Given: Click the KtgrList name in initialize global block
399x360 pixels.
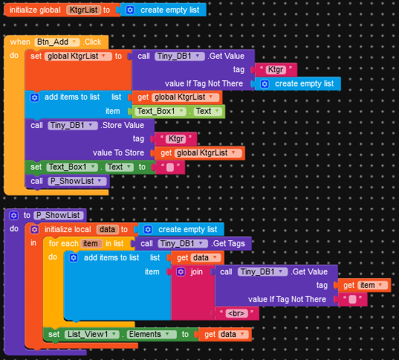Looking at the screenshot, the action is click(x=83, y=10).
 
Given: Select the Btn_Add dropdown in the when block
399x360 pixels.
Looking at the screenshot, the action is click(x=57, y=42).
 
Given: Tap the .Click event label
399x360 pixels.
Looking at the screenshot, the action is click(x=92, y=42).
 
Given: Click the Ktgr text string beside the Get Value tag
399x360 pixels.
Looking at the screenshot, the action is click(x=276, y=70).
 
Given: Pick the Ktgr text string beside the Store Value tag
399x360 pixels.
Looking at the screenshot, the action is click(x=176, y=139).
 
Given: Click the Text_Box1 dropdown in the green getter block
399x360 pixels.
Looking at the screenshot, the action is click(x=160, y=112).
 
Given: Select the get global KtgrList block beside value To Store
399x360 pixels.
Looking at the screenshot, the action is click(x=200, y=153).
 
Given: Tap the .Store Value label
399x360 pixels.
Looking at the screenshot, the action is click(x=123, y=126).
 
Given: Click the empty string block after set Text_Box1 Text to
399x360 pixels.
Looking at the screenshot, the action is click(x=170, y=167).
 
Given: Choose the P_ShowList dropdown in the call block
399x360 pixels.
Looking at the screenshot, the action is click(x=77, y=181).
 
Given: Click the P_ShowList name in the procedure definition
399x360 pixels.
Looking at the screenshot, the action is click(x=58, y=215).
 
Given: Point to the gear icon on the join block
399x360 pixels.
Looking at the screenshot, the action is click(x=181, y=271).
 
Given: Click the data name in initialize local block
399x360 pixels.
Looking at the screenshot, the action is click(x=108, y=229).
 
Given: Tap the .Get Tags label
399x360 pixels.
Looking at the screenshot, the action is click(x=228, y=243).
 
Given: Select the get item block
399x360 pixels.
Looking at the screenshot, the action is click(x=364, y=286).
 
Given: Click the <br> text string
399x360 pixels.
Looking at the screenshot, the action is click(x=237, y=313).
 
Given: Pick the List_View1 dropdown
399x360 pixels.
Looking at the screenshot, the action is click(x=92, y=334).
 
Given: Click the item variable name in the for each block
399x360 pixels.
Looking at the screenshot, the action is click(x=91, y=243).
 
